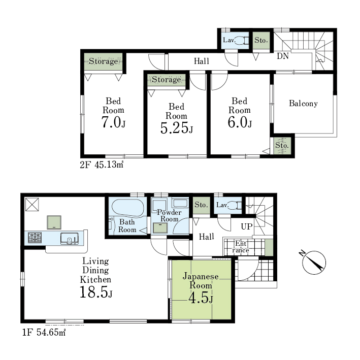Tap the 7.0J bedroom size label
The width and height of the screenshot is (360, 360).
(x=113, y=122)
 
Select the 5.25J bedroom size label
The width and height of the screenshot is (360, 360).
(x=176, y=128)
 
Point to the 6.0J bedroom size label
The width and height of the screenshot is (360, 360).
(x=240, y=122)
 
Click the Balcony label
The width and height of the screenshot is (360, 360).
(x=303, y=103)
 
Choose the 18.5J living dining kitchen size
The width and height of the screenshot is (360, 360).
(x=96, y=292)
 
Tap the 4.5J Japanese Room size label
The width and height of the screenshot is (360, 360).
(x=201, y=298)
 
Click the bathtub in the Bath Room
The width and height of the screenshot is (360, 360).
(x=128, y=208)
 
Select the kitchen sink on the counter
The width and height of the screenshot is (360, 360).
(x=70, y=238)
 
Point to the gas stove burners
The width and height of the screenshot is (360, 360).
(x=35, y=238)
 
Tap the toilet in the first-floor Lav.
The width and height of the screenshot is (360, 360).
(x=235, y=205)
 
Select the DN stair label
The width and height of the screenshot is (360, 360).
(x=283, y=56)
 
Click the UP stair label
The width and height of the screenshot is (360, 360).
(x=247, y=226)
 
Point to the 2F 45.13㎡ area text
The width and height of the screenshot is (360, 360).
(x=102, y=165)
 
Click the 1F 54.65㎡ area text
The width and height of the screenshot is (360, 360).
(x=44, y=333)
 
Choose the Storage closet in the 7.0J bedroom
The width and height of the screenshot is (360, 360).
(x=103, y=61)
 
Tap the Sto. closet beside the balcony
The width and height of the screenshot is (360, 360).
(x=282, y=146)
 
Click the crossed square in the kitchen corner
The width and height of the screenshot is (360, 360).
(x=32, y=204)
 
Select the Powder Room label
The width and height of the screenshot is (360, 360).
(x=169, y=216)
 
